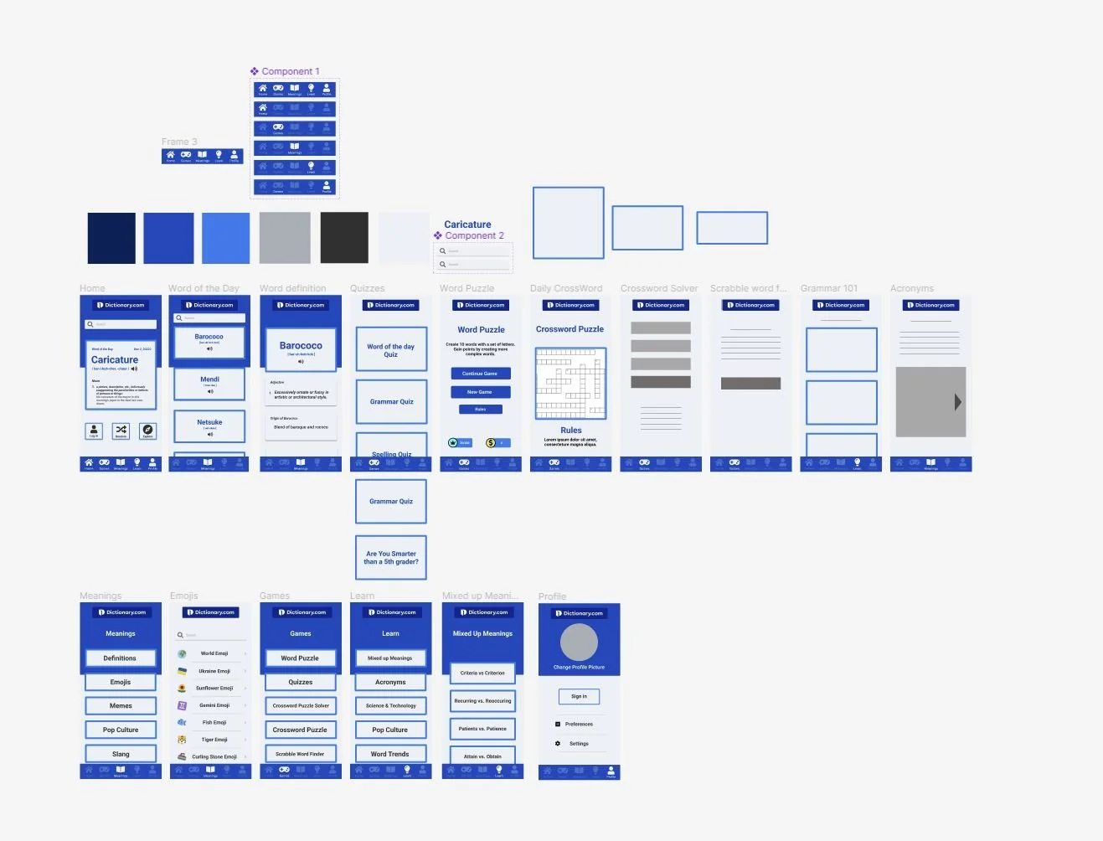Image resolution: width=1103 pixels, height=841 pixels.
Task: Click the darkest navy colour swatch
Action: click(111, 238)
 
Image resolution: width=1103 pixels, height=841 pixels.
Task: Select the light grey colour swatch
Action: click(285, 238)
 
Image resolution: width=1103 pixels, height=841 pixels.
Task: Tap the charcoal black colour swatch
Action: click(344, 238)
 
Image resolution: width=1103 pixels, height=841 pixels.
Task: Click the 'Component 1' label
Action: click(290, 71)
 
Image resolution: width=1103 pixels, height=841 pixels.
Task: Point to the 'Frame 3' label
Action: click(179, 142)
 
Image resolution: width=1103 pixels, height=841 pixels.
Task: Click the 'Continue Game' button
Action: click(480, 374)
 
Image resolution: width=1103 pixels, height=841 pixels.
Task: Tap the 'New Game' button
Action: click(480, 392)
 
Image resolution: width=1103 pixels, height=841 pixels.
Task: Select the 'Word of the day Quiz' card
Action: click(391, 350)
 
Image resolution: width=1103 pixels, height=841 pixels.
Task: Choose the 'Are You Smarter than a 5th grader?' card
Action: click(391, 558)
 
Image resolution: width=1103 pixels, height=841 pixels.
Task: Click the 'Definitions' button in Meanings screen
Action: click(121, 658)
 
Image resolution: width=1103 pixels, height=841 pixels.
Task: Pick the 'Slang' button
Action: click(121, 754)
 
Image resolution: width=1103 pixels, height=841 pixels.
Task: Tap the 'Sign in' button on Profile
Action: click(579, 696)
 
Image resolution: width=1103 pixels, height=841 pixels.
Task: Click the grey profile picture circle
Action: click(579, 642)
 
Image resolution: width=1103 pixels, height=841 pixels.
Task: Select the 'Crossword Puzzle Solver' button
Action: click(301, 705)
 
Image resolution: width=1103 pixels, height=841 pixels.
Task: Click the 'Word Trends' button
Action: click(390, 754)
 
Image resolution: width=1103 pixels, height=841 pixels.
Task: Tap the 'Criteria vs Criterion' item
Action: click(482, 673)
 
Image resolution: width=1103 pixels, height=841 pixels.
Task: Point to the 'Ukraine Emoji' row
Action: click(214, 671)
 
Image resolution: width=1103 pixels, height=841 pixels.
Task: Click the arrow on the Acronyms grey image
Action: click(957, 402)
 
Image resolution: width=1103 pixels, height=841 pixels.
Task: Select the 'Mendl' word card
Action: click(209, 384)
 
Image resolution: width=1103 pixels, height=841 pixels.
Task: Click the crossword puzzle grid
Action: click(570, 383)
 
